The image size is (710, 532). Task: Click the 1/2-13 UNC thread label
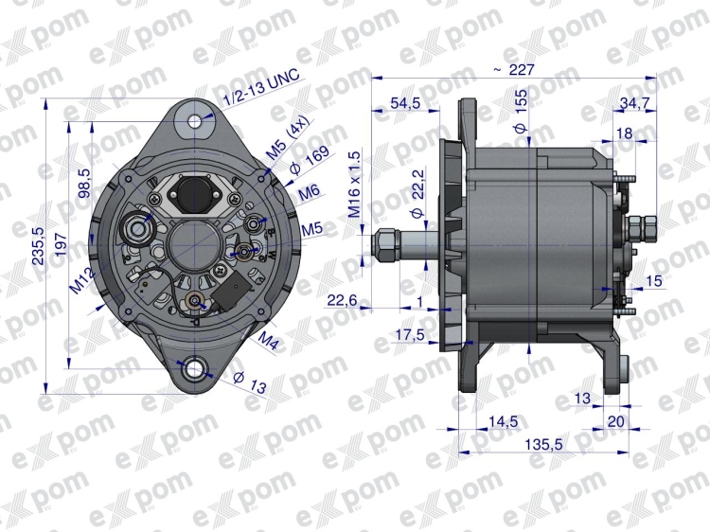[x=261, y=90]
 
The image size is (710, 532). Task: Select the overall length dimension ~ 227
[x=514, y=70]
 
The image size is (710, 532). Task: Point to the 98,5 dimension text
[x=85, y=183]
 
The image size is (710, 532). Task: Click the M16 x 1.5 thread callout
[x=355, y=186]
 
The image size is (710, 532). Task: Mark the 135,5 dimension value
[x=543, y=445]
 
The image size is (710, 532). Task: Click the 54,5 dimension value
[x=405, y=103]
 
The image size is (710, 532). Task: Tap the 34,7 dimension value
[x=634, y=103]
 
